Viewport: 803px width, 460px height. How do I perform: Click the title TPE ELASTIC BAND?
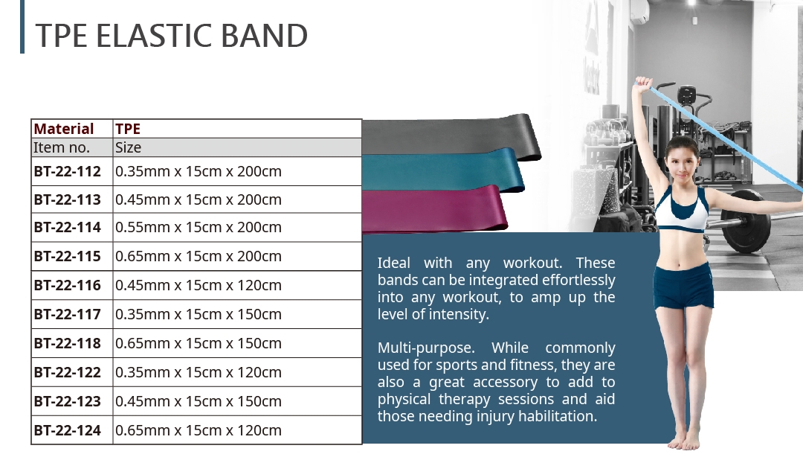172,36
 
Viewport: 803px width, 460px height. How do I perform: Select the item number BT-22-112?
67,171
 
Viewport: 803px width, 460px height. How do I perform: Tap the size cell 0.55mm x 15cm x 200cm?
199,227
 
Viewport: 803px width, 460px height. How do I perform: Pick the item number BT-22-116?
67,285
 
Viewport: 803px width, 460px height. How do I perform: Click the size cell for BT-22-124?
199,430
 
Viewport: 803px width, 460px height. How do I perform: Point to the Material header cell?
64,129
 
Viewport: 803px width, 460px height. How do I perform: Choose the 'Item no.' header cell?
62,147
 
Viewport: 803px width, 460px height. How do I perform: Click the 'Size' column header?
128,147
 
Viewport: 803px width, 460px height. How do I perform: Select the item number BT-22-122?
67,372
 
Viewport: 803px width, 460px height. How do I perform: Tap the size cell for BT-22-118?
199,343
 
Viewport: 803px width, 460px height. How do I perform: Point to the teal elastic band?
443,170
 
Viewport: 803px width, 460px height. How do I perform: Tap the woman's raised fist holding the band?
643,83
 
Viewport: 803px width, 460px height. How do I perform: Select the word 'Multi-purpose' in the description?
425,348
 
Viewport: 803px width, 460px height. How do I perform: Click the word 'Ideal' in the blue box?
394,263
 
